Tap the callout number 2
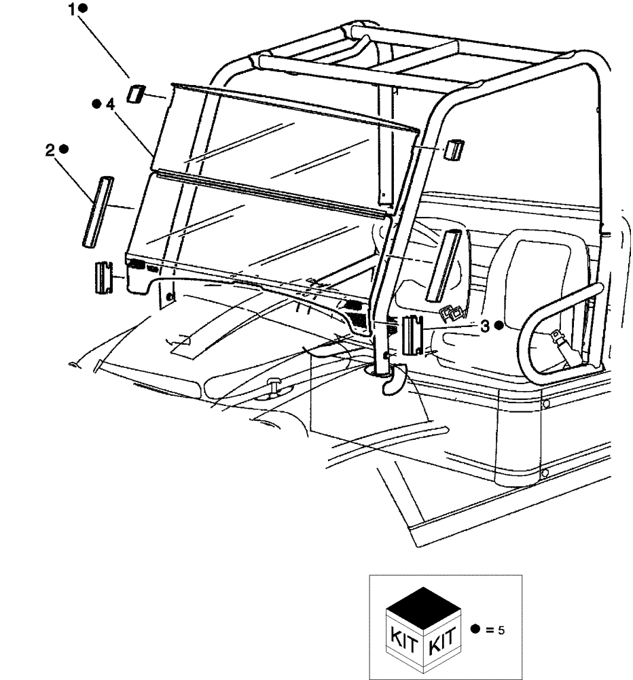50,151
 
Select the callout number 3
485,326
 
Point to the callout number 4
109,105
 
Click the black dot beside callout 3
499,326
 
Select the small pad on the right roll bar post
452,150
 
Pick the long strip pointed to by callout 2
92,211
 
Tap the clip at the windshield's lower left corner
102,277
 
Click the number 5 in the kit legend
501,630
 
